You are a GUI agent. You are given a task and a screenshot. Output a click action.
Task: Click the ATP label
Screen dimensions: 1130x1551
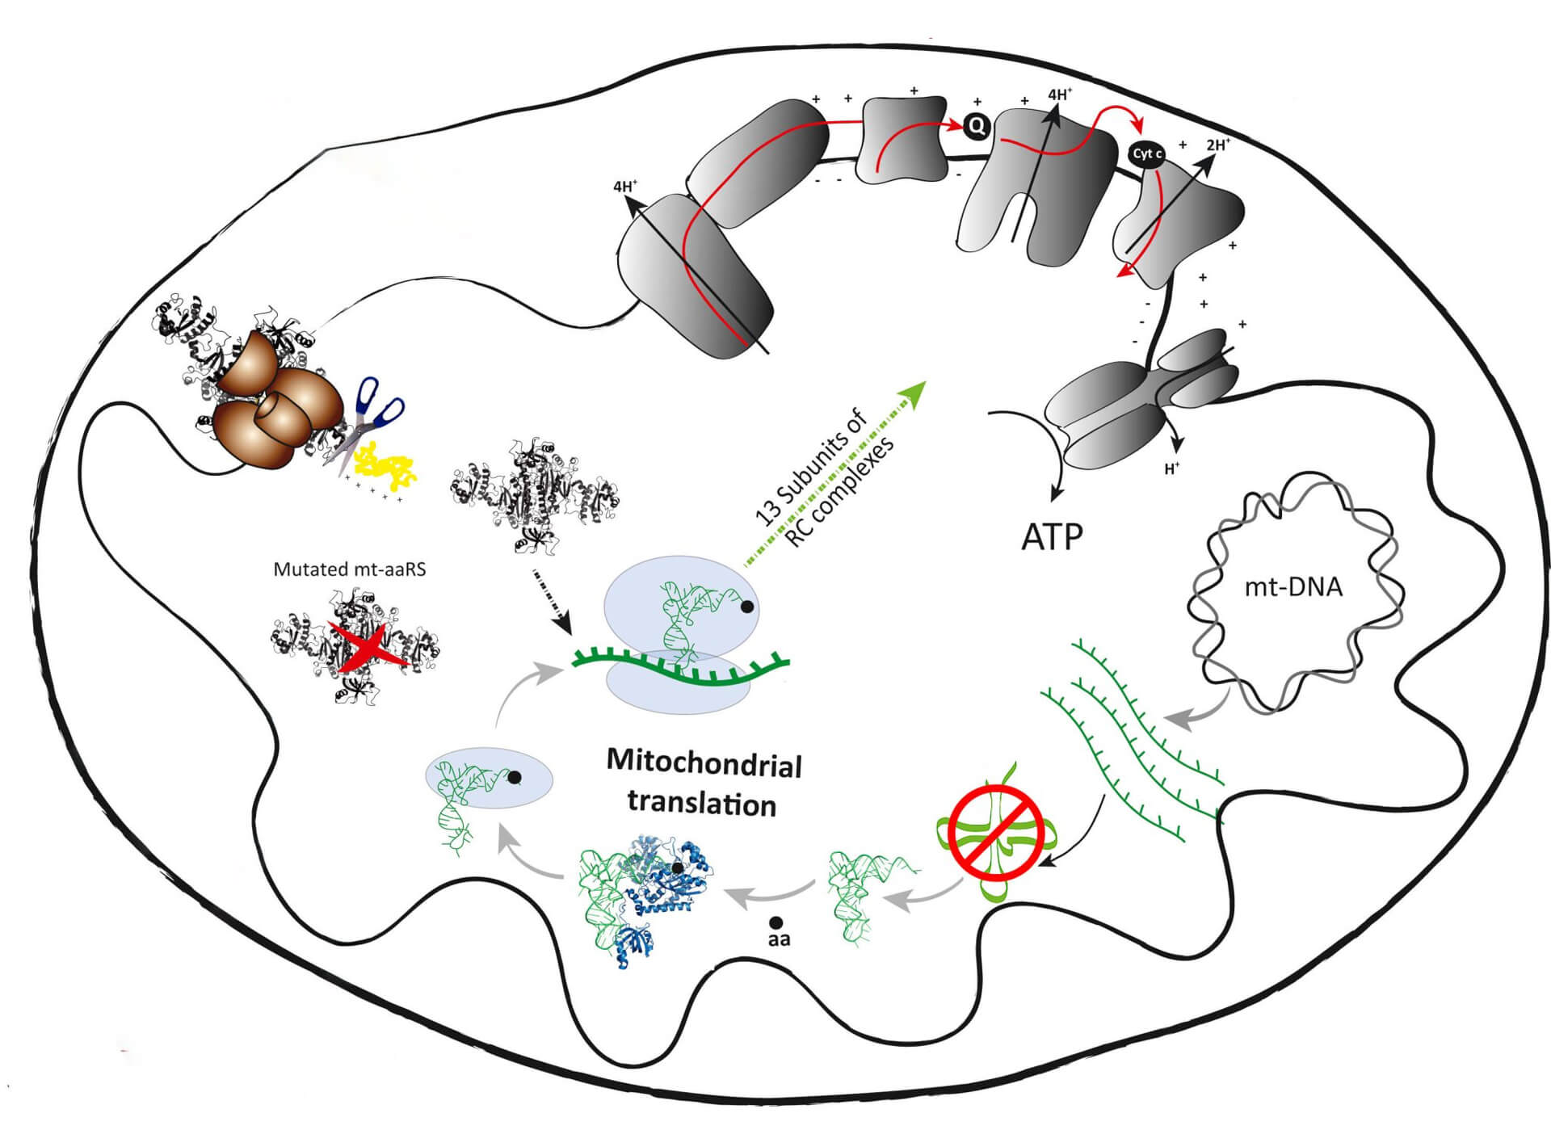pyautogui.click(x=1052, y=536)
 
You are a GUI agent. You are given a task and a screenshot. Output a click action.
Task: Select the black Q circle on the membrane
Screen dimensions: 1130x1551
pyautogui.click(x=976, y=125)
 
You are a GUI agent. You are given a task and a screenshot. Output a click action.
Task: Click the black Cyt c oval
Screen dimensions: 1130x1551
pyautogui.click(x=1147, y=153)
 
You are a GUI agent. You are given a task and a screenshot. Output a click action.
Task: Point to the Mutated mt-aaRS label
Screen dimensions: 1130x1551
pyautogui.click(x=349, y=569)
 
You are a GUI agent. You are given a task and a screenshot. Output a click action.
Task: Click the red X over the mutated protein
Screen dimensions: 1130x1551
pyautogui.click(x=368, y=650)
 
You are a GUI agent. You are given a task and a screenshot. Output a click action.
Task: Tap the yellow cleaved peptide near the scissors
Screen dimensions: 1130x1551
pyautogui.click(x=388, y=467)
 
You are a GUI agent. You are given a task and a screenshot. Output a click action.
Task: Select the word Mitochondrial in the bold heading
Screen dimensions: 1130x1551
pyautogui.click(x=704, y=763)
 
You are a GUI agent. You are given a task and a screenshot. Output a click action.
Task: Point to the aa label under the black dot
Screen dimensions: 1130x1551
pyautogui.click(x=779, y=939)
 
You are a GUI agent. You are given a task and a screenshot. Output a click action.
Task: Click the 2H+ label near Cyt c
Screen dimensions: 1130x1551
pyautogui.click(x=1217, y=145)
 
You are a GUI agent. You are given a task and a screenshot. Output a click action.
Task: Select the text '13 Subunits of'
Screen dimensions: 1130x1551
pyautogui.click(x=811, y=467)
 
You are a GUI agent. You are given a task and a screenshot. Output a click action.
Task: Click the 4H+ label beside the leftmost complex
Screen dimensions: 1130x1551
pyautogui.click(x=625, y=187)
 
